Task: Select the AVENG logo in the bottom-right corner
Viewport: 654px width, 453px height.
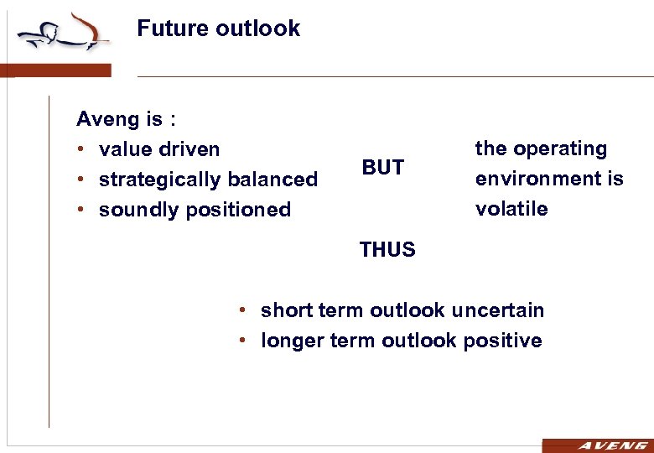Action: (598, 445)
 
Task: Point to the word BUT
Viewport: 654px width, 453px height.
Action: (383, 168)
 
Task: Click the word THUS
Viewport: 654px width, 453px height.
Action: (387, 249)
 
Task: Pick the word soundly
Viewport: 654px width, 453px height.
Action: (133, 210)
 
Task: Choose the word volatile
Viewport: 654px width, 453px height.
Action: (511, 209)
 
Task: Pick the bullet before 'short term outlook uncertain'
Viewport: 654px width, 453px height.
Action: (241, 310)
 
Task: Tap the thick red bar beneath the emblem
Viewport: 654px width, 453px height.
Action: (55, 70)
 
